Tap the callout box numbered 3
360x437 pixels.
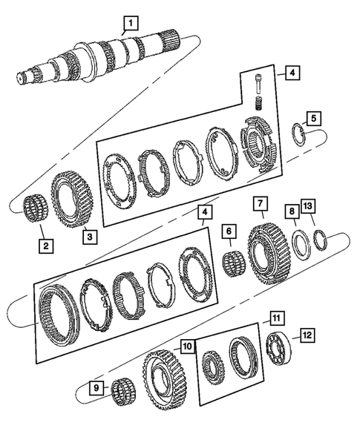[x=90, y=237]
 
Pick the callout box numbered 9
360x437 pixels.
[x=94, y=387]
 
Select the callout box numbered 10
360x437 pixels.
[x=186, y=346]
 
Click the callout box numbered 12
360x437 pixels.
[x=307, y=335]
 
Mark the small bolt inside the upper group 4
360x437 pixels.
[x=258, y=83]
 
